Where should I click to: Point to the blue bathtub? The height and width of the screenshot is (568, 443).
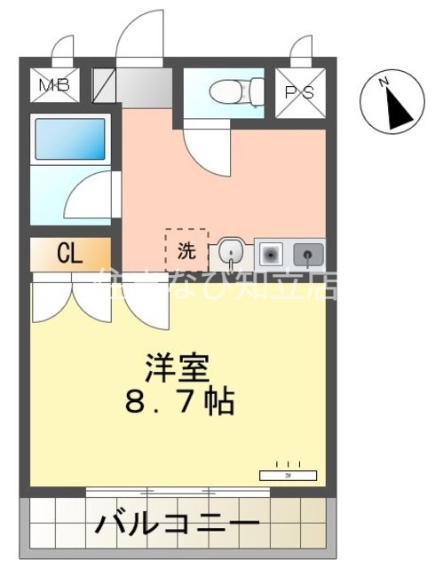point(70,139)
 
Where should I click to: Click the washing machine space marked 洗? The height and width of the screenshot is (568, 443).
point(186,249)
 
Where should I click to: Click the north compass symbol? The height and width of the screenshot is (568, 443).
point(390,105)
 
